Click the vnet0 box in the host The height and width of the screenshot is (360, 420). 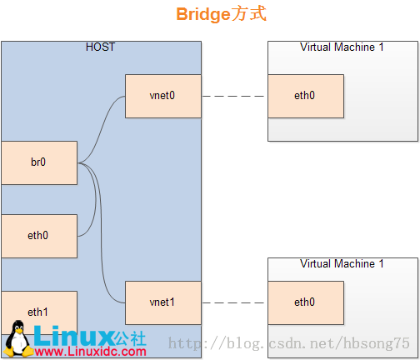163,96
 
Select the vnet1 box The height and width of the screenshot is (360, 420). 163,302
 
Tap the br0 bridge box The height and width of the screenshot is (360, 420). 39,162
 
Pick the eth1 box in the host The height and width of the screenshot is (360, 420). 39,312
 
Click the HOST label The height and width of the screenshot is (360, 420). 100,47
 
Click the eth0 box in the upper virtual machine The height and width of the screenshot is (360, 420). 306,96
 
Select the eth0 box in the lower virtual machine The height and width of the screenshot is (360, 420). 306,302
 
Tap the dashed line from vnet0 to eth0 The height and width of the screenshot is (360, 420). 233,96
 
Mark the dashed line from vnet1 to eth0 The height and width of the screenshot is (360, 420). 233,302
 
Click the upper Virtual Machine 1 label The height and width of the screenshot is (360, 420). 342,47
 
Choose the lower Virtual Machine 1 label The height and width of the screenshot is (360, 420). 342,263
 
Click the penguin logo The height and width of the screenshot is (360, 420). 18,339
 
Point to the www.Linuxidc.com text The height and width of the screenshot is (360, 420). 91,352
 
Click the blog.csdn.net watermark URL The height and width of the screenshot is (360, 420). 289,343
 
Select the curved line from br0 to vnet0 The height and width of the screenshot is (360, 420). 102,128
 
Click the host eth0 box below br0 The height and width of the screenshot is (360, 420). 39,236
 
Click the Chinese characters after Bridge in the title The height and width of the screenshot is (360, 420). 249,13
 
